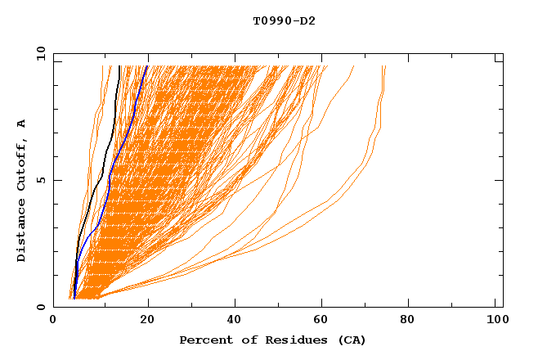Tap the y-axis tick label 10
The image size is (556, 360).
pyautogui.click(x=39, y=53)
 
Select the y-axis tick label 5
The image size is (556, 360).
pyautogui.click(x=43, y=180)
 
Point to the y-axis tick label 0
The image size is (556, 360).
pyautogui.click(x=43, y=307)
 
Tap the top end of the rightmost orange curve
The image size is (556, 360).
pyautogui.click(x=385, y=67)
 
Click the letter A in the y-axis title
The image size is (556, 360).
pyautogui.click(x=22, y=124)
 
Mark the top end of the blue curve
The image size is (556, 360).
pyautogui.click(x=147, y=66)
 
